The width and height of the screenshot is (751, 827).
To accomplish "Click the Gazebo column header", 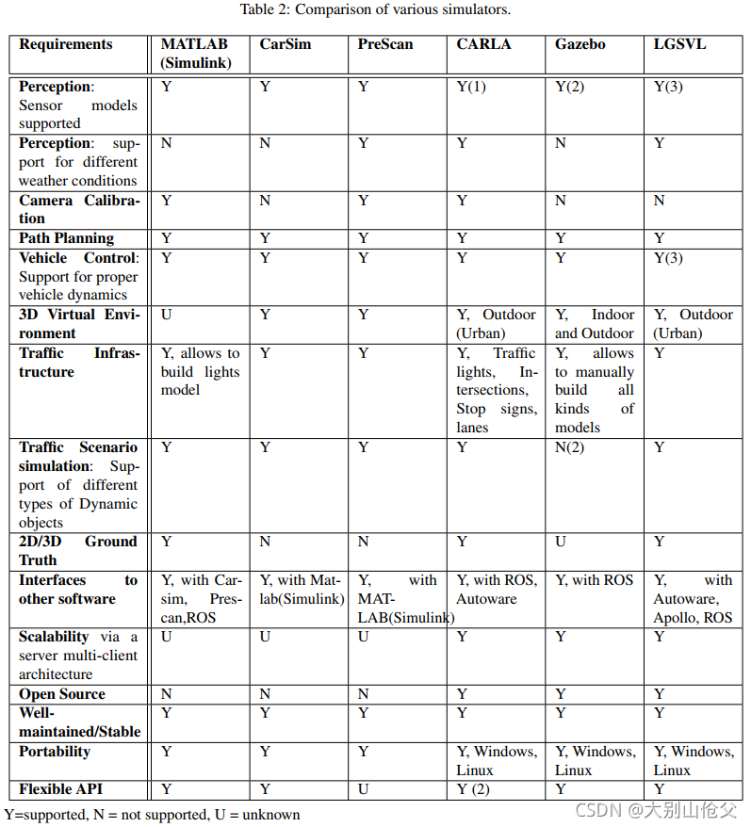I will click(580, 44).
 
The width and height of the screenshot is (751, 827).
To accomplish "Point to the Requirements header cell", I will click(65, 44).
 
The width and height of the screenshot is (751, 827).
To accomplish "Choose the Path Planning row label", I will click(66, 238).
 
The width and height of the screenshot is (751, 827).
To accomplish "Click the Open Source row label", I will click(62, 694).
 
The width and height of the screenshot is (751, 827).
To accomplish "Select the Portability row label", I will click(55, 752).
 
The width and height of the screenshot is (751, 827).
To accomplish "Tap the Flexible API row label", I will click(60, 789).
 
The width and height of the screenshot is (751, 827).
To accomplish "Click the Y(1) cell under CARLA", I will click(471, 87).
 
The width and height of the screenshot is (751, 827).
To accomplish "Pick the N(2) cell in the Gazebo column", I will click(569, 447).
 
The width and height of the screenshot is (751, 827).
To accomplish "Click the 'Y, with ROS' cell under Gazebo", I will click(594, 580).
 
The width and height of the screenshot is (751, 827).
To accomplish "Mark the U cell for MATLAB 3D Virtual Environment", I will click(167, 315).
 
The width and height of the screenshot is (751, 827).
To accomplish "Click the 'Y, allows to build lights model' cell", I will click(200, 371).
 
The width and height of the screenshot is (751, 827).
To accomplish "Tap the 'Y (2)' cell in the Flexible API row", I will click(473, 789).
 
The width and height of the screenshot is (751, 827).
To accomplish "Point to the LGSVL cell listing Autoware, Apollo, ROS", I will click(693, 599).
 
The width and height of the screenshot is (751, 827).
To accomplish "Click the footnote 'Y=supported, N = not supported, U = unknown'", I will click(152, 814).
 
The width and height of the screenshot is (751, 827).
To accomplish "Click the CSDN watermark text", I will click(657, 810).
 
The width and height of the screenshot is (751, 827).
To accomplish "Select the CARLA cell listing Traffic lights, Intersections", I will click(497, 390).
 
